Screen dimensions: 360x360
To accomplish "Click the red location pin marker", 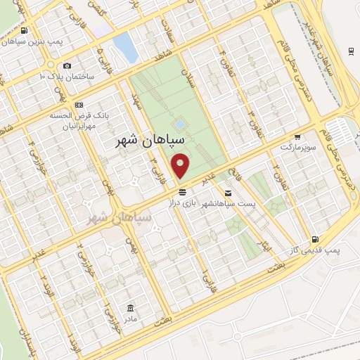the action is pos(182,166).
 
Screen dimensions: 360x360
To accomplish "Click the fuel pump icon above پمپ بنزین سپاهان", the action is pos(25,31).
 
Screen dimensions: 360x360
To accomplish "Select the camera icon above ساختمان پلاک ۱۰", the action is pos(67,65).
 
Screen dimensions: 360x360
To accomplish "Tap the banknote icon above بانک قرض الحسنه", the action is pos(79,104).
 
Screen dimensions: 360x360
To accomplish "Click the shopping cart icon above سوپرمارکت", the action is pos(298,137).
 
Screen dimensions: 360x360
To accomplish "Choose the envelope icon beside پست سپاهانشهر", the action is pos(228,192).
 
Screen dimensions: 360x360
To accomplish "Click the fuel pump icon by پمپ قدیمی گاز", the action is pos(315,240).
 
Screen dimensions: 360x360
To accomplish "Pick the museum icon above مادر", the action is pos(131,308).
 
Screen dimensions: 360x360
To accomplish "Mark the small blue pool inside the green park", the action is pos(180,124).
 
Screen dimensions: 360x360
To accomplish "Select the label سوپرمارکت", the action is pos(295,148).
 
